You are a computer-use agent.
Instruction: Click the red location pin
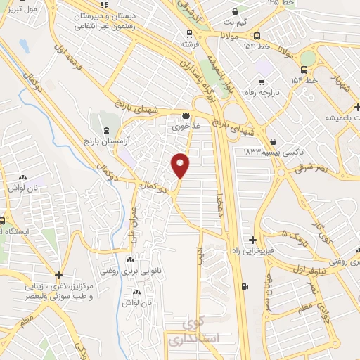point(181,165)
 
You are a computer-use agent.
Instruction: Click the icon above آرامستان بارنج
point(105,130)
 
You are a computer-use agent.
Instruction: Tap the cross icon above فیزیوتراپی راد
point(252,240)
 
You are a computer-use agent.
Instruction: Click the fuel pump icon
point(243,285)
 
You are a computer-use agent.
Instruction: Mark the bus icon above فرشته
point(188,33)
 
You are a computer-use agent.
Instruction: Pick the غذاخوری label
point(185,128)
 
